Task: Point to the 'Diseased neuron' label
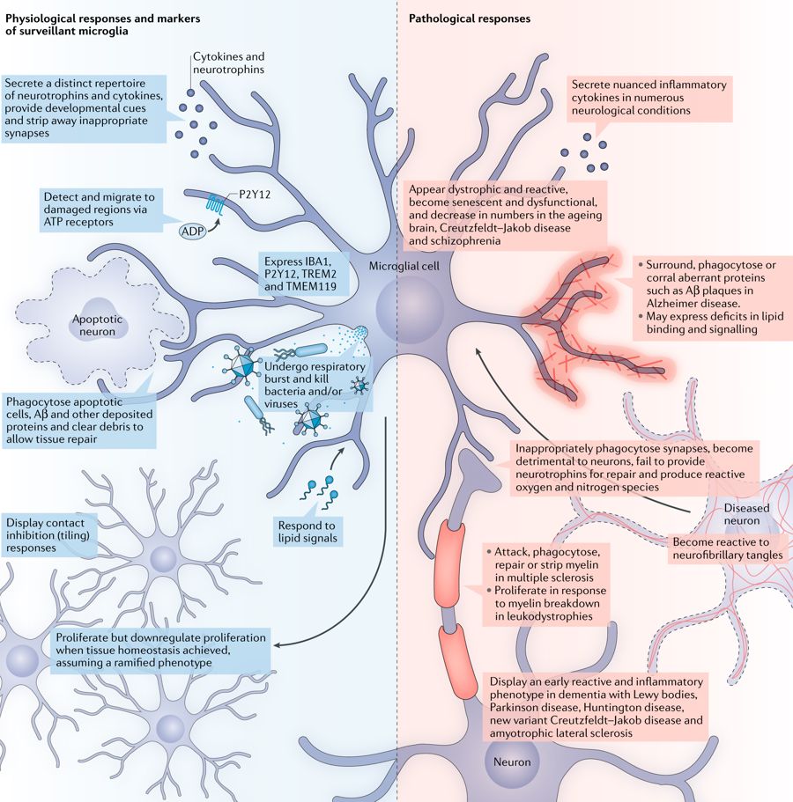coord(746,515)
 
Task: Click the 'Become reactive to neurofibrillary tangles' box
coord(726,548)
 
